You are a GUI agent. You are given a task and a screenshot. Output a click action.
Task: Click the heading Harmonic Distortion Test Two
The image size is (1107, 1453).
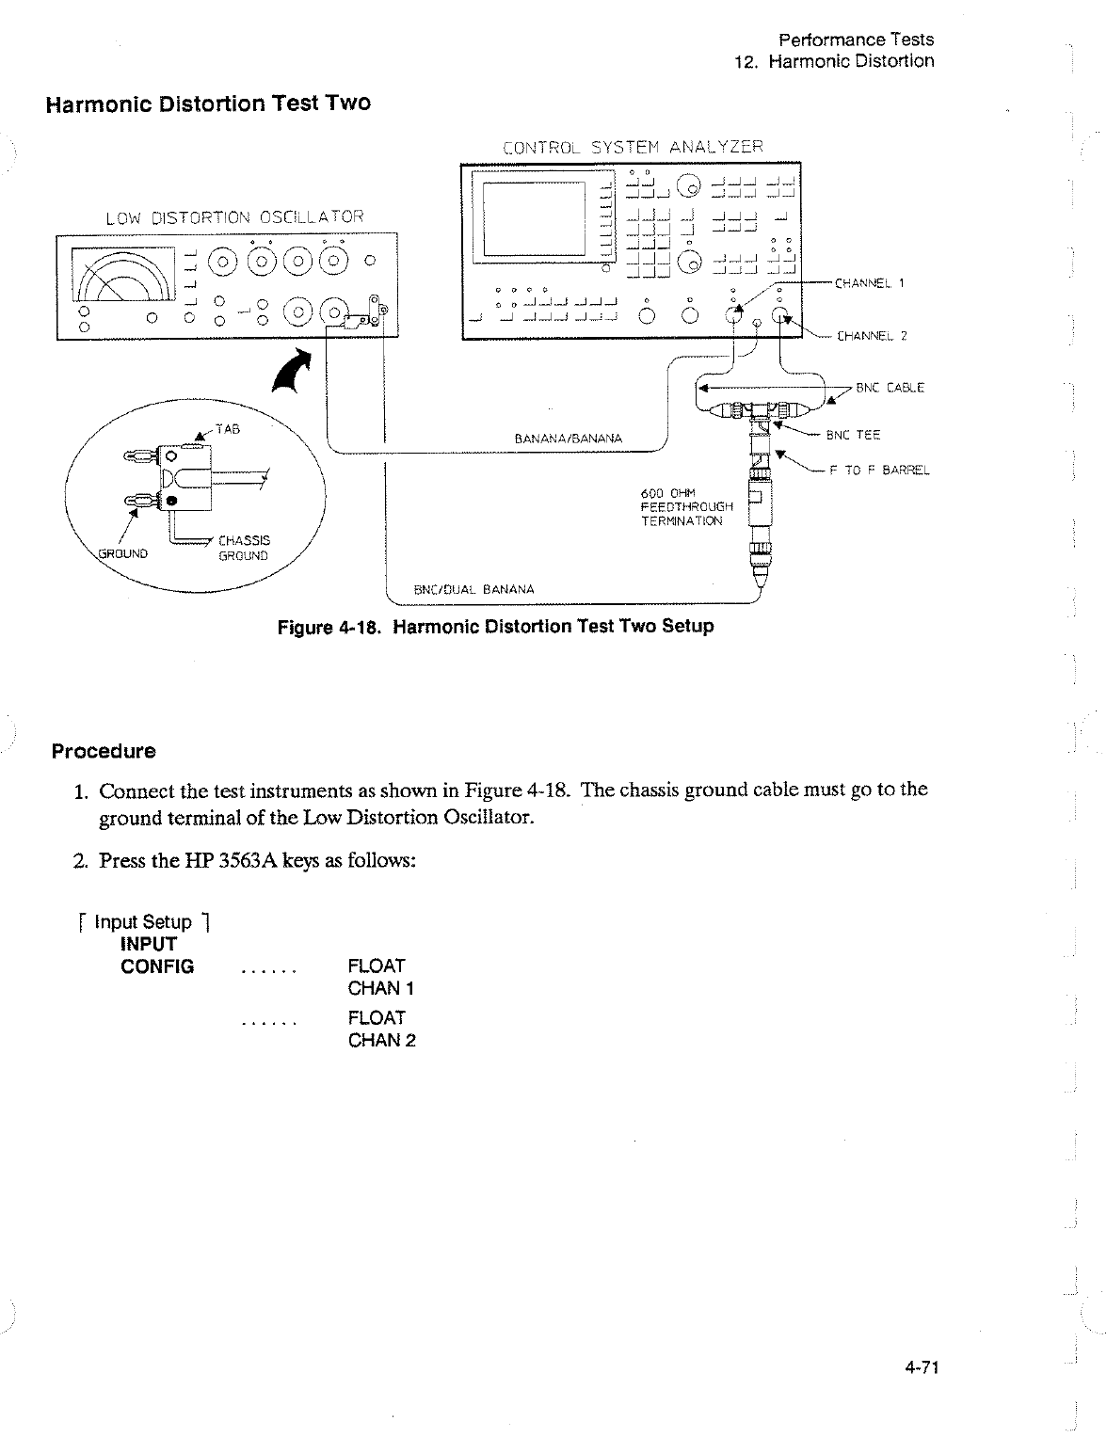[208, 104]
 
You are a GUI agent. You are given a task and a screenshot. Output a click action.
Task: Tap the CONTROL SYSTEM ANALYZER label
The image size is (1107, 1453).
[633, 147]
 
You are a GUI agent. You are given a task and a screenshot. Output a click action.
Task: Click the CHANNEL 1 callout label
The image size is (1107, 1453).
[869, 281]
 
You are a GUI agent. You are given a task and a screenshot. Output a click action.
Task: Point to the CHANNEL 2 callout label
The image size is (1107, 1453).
[871, 336]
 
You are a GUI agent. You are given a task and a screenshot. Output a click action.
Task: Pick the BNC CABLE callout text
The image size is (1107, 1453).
[890, 388]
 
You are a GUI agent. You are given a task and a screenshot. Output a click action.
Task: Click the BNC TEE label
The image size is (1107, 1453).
[853, 435]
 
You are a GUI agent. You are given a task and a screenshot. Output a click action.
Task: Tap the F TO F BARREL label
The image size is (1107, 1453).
[879, 471]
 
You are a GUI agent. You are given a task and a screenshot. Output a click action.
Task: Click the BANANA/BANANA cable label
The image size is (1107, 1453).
[568, 439]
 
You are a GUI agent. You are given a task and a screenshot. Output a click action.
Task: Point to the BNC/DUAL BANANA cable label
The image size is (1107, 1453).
[474, 590]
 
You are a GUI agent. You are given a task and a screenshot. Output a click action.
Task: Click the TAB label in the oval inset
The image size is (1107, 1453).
[229, 428]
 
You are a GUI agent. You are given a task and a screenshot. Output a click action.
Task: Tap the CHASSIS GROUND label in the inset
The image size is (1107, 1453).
[243, 548]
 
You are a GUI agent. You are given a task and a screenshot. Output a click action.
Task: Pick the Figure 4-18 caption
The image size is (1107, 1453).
[496, 626]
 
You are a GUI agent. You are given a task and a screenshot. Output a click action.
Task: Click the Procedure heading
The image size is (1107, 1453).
[104, 752]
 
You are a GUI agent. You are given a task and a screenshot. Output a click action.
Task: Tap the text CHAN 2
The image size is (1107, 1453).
[381, 1040]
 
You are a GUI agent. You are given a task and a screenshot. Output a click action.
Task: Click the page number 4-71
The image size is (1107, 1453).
[923, 1367]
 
